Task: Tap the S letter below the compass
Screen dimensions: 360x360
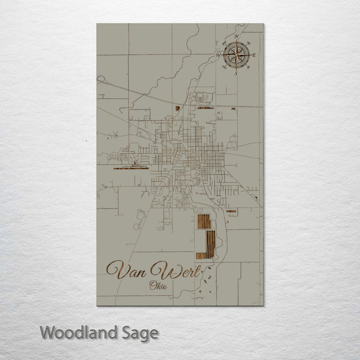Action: [236, 73]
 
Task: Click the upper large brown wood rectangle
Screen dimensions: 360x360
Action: [203, 221]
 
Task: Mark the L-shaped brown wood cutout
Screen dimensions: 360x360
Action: [207, 245]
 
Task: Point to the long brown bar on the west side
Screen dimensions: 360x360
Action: [131, 168]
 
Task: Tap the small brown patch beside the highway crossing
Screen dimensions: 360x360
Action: [177, 107]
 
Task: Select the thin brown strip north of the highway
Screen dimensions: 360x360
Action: [205, 107]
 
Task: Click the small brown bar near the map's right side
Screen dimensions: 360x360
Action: [231, 211]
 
